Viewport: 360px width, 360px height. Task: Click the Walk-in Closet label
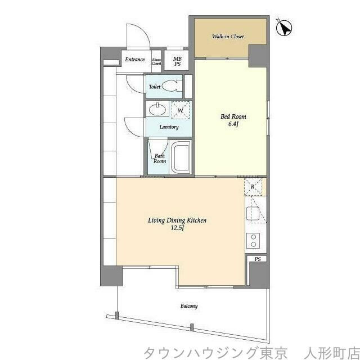[228, 37]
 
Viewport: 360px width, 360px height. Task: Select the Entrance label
[135, 60]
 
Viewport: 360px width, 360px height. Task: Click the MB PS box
[178, 61]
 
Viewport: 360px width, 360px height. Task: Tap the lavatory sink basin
[156, 109]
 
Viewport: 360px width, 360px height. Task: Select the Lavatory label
[169, 127]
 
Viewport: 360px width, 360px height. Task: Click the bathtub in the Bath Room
[181, 159]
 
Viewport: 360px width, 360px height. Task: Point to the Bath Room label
[160, 159]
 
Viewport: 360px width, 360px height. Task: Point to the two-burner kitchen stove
[253, 240]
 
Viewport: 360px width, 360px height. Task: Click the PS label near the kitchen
[257, 259]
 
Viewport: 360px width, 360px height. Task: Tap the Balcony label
[189, 306]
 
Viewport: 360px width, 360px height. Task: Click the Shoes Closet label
[156, 61]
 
